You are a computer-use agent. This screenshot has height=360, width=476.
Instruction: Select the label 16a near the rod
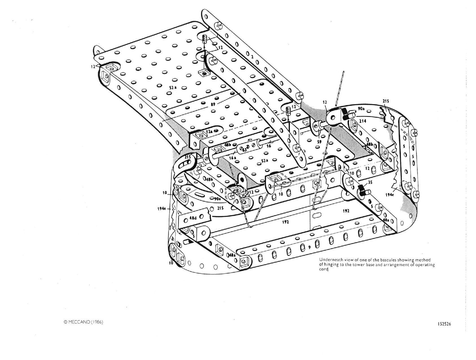[233, 158]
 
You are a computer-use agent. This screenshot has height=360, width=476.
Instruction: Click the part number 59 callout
[319, 142]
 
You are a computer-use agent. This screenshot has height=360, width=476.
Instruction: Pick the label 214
[363, 121]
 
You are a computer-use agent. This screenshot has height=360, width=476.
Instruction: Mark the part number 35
[370, 182]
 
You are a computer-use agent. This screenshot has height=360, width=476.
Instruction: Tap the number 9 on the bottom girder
[309, 247]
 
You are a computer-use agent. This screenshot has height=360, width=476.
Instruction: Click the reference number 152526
[443, 324]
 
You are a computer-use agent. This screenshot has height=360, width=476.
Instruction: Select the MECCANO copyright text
[83, 322]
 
